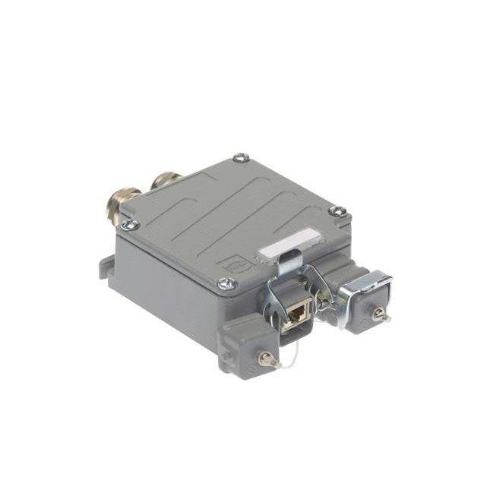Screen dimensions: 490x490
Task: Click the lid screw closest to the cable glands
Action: coord(130,224)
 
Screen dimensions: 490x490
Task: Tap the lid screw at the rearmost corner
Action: coord(241,158)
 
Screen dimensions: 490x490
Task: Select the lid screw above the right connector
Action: coord(338,211)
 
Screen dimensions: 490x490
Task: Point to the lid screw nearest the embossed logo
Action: coord(226,284)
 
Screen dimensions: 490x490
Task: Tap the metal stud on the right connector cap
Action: coord(378,314)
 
